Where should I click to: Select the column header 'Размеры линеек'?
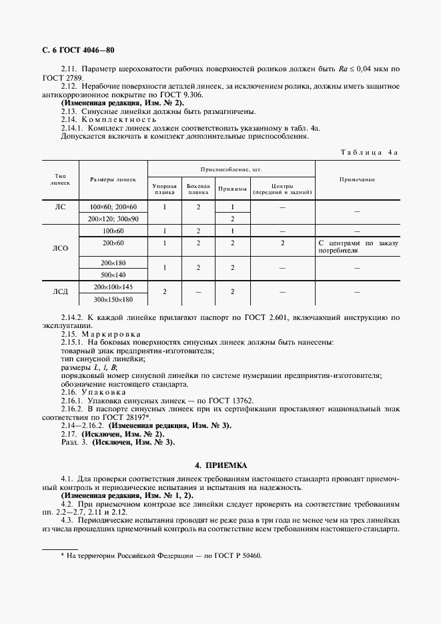tap(113, 179)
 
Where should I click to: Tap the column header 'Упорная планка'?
tap(165, 189)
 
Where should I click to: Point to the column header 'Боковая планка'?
tap(198, 189)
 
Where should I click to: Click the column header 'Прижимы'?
tap(232, 189)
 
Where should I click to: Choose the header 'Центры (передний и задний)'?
tap(282, 189)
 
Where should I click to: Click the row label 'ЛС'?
tap(61, 207)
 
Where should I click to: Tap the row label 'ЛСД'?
tap(61, 292)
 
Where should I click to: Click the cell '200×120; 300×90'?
tap(113, 219)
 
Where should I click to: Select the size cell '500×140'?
tap(113, 274)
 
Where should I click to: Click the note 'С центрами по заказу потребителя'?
tap(358, 247)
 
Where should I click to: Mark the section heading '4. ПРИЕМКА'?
tap(220, 465)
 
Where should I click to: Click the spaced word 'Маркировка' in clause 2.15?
tap(108, 333)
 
